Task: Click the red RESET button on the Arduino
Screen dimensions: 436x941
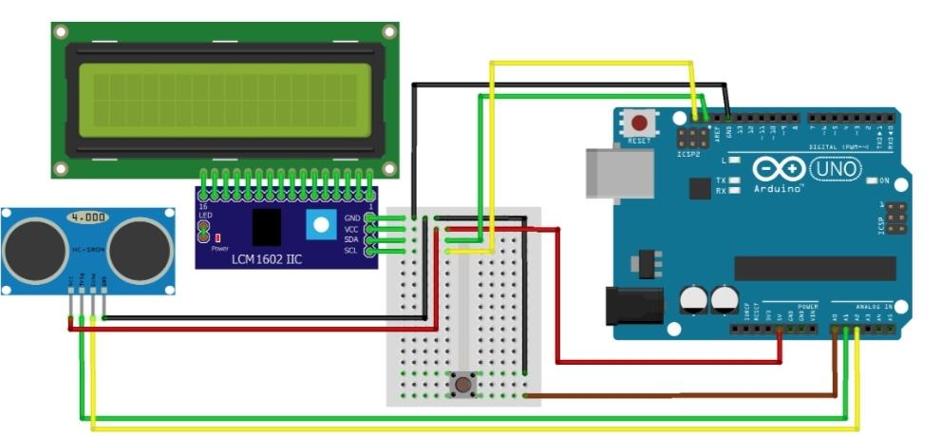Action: (x=640, y=123)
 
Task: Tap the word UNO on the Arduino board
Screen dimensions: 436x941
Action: (x=836, y=169)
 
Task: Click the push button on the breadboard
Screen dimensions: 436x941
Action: (x=463, y=385)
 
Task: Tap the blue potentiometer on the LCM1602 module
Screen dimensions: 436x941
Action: (x=320, y=224)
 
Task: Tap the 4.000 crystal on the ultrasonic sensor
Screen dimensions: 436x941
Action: (x=87, y=218)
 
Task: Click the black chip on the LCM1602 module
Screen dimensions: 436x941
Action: (x=267, y=228)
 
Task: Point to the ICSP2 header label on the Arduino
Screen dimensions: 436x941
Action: (x=689, y=153)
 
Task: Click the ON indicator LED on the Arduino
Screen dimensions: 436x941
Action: (x=873, y=180)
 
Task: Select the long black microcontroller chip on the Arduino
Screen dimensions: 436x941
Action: (x=815, y=268)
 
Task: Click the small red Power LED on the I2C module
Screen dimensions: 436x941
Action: (x=217, y=237)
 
